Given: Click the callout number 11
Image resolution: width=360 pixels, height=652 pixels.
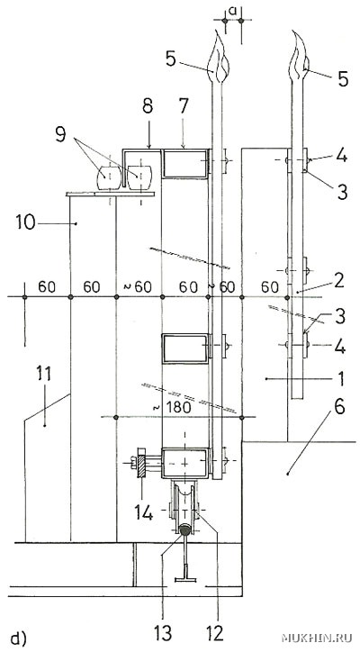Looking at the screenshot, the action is (x=43, y=374).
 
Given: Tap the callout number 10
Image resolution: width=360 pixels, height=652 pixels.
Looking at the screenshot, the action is (x=27, y=222).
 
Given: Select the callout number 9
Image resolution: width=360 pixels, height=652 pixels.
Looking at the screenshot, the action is (x=60, y=135).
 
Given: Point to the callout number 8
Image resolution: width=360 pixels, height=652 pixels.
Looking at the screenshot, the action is (x=148, y=106).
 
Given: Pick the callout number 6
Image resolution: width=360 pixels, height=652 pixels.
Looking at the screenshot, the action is (x=339, y=407).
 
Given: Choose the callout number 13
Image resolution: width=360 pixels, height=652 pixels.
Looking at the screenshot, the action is (x=163, y=633).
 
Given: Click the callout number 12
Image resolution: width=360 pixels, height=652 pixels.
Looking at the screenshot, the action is (x=214, y=633).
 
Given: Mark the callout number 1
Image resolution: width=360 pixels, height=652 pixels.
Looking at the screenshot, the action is (x=340, y=378).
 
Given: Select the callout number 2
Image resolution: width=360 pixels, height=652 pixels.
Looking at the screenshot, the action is (x=338, y=281).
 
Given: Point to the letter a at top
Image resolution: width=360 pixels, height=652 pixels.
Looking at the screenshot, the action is (x=233, y=11).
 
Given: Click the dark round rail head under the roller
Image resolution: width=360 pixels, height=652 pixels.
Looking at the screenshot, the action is (x=184, y=530).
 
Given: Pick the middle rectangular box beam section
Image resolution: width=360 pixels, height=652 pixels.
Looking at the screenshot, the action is (x=184, y=348).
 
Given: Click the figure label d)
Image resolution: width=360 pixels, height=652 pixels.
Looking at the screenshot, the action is (x=18, y=638).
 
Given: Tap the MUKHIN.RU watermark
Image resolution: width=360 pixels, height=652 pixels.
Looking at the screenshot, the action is (x=317, y=638).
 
